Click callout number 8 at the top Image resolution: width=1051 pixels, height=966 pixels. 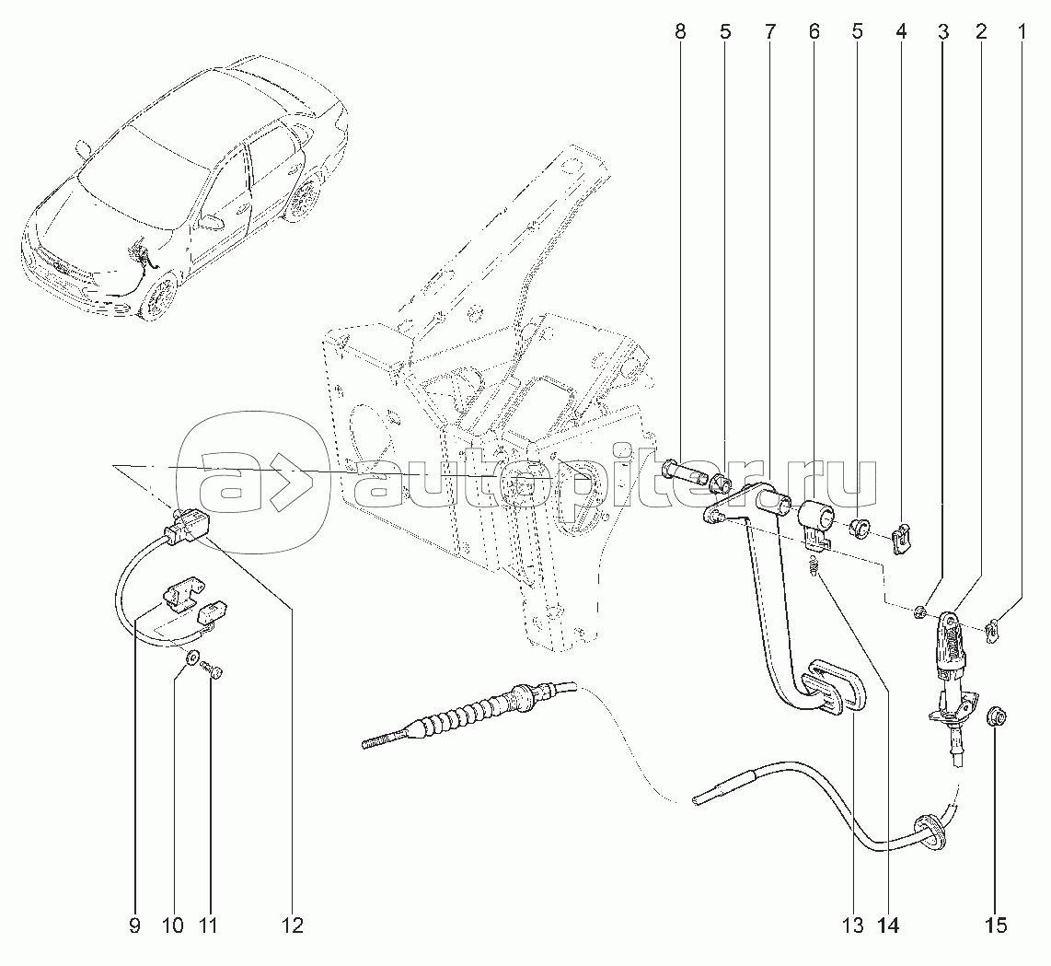click(680, 31)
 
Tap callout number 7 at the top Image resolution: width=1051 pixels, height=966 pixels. click(768, 31)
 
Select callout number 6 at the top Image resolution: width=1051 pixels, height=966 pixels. click(813, 31)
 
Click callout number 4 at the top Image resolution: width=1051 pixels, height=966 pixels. click(901, 31)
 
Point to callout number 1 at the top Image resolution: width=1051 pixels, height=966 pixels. click(1022, 31)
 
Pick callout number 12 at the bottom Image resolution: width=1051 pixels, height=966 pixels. click(293, 925)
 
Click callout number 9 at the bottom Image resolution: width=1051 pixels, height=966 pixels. click(134, 925)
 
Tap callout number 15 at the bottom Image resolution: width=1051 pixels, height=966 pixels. click(997, 925)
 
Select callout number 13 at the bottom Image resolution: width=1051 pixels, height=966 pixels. click(852, 925)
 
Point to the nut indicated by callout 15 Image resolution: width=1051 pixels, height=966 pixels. click(992, 718)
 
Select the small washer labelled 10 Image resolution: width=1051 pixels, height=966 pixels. click(191, 657)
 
